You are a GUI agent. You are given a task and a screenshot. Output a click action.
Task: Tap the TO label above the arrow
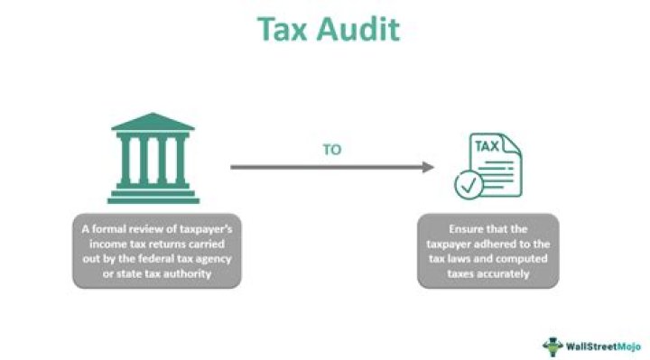tap(331, 150)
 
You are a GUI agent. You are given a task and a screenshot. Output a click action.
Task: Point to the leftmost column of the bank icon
tap(125, 160)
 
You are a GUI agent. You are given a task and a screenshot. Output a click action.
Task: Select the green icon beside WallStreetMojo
tap(552, 345)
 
